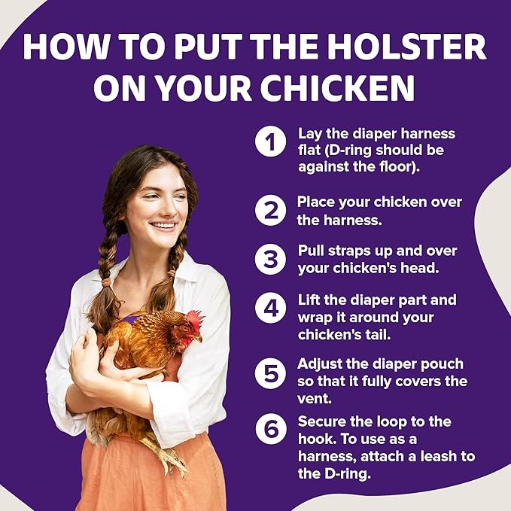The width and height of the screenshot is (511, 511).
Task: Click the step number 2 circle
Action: pos(269,211)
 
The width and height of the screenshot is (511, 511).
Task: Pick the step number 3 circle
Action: pos(269,259)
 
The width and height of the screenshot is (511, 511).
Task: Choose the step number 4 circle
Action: pos(269,308)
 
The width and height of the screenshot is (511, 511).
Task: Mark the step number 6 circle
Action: pos(269,429)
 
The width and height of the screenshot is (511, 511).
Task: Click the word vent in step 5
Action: pos(314,397)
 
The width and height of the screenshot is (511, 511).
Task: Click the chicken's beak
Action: pos(200,339)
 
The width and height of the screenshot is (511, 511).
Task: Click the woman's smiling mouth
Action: pos(164,225)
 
